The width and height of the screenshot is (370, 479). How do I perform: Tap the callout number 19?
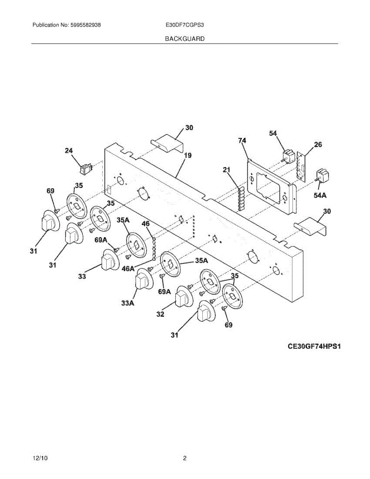point(188,155)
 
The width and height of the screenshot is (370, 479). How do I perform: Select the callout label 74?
point(242,141)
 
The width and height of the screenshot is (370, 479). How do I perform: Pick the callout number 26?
point(318,145)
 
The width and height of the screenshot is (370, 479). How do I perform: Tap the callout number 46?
point(146,224)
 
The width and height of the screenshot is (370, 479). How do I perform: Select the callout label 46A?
point(129,268)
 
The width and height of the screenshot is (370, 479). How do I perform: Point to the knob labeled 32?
point(183,297)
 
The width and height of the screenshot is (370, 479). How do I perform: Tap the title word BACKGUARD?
point(184,39)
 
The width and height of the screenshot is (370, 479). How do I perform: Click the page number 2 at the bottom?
point(185,458)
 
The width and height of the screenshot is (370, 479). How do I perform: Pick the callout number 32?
point(160,315)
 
